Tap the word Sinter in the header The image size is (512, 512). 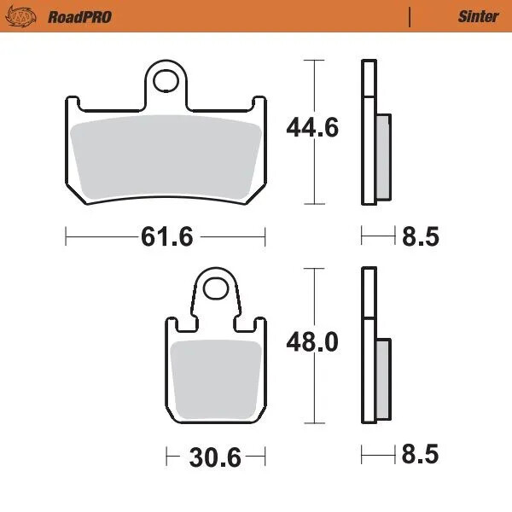coord(479,16)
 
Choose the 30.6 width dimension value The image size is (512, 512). coord(214,457)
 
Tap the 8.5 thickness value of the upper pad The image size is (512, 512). coord(420,236)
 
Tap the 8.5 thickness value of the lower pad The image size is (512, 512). coord(420,457)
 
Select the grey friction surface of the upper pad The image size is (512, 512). coord(165,158)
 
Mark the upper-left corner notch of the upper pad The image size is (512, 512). coord(75,103)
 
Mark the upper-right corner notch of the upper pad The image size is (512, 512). coord(255,103)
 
